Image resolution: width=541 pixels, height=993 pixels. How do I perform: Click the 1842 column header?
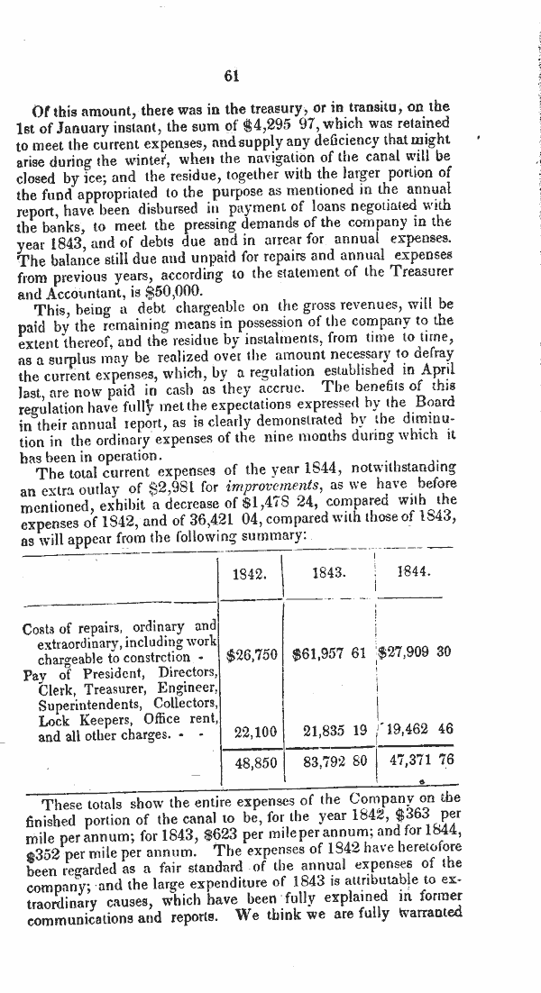coord(248,573)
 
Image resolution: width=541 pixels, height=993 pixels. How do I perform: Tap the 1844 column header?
coord(414,572)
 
